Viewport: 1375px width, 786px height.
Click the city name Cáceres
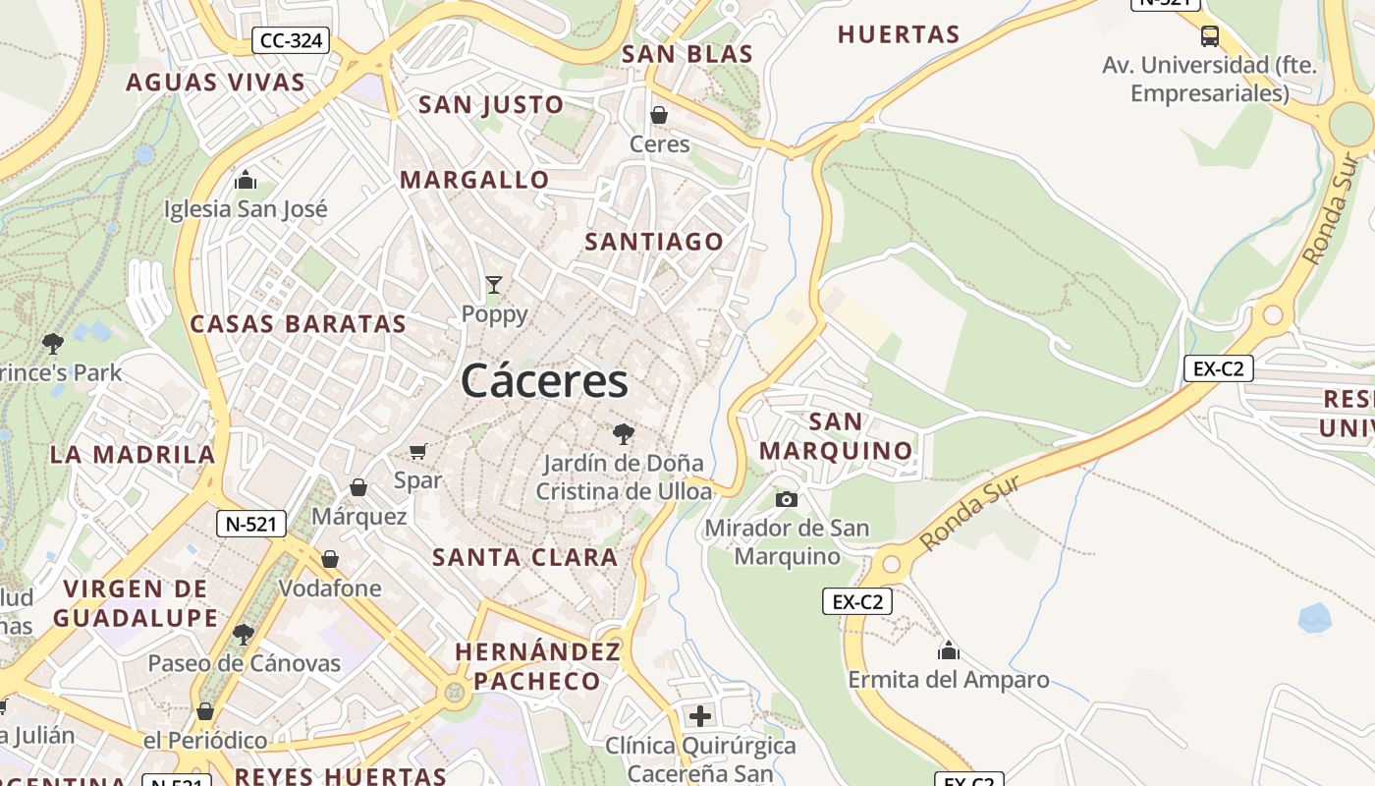544,381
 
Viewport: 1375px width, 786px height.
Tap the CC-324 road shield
291,41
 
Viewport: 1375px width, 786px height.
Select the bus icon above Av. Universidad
1210,36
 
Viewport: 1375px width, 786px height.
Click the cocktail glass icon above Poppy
494,285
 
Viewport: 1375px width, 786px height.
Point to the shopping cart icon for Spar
418,451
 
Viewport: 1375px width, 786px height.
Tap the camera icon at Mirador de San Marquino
786,499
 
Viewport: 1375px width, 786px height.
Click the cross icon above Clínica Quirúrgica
700,715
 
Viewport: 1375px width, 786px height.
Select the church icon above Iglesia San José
246,180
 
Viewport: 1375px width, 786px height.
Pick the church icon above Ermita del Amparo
948,650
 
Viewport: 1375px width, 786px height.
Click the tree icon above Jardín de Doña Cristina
623,433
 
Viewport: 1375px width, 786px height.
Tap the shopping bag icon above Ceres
659,115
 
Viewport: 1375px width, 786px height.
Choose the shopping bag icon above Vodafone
330,559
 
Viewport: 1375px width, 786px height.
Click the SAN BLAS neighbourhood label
687,54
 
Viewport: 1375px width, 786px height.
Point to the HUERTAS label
898,34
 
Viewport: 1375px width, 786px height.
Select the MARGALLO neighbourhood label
474,180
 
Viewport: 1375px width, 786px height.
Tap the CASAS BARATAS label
298,324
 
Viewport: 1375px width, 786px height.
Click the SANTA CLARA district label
525,557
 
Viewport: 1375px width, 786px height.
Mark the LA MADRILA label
133,454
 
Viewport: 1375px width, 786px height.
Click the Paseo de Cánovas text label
244,663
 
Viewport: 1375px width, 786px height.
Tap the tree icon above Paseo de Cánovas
244,634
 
